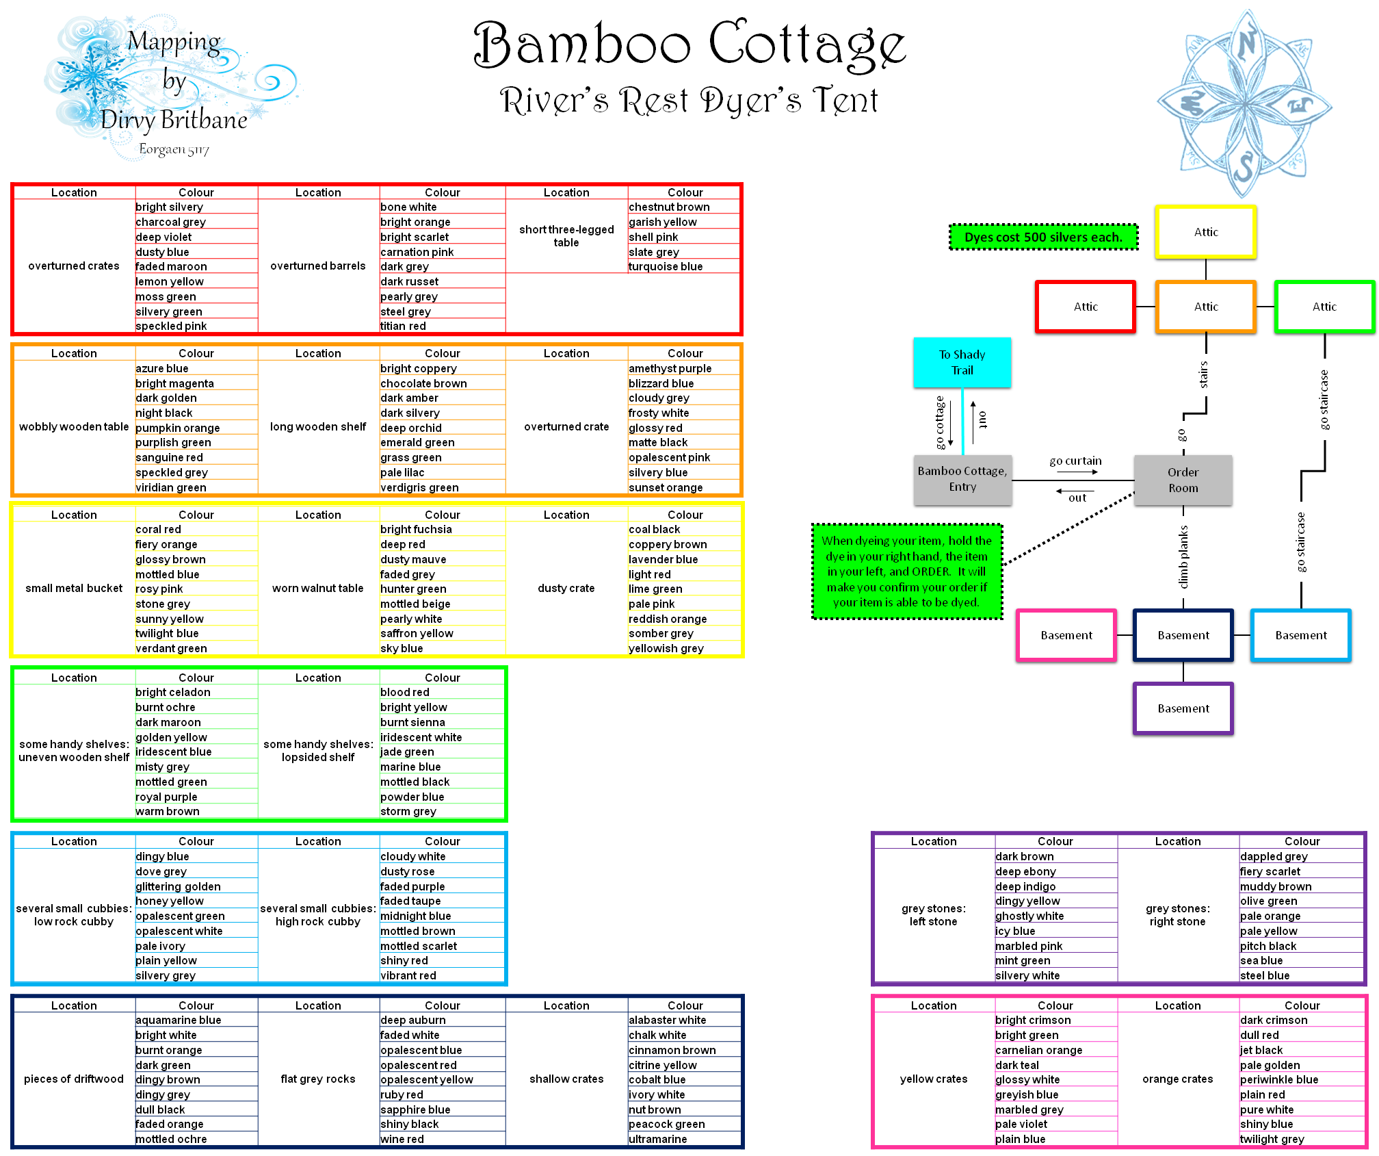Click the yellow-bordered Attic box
pos(1205,232)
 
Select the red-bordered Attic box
pos(1085,307)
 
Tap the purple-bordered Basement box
pos(1183,708)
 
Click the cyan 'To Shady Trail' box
pos(961,362)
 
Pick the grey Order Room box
pos(1183,480)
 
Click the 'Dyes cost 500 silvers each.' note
pos(1043,237)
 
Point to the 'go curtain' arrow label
pos(1075,461)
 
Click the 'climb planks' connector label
pos(1183,556)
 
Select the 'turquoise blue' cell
pos(666,266)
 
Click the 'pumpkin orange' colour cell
pos(178,428)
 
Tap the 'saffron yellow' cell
pos(417,633)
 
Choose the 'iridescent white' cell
pos(421,737)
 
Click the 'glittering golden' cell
pos(178,886)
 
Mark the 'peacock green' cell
pos(666,1124)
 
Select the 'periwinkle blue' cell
pos(1278,1079)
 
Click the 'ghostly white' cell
pos(1029,916)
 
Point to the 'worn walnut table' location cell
pos(317,588)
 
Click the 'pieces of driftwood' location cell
pos(74,1079)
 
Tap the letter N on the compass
pos(1246,42)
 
